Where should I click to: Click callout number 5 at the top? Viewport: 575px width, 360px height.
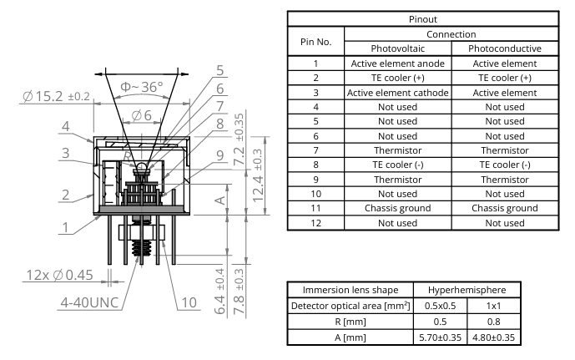219,70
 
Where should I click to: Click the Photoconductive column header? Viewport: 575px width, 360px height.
497,48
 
